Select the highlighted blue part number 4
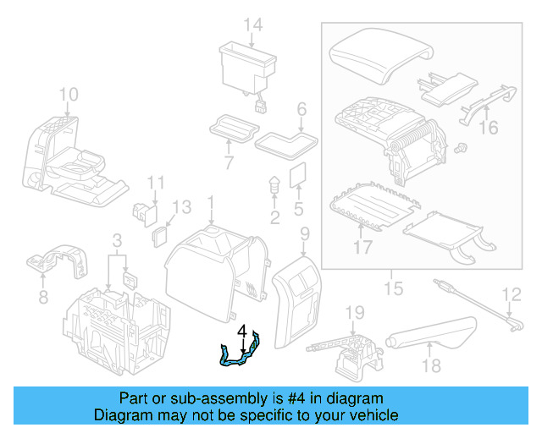(240, 354)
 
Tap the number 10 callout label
(69, 93)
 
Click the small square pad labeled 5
(297, 175)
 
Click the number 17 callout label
(362, 249)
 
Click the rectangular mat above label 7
(232, 126)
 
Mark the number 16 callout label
(489, 128)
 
